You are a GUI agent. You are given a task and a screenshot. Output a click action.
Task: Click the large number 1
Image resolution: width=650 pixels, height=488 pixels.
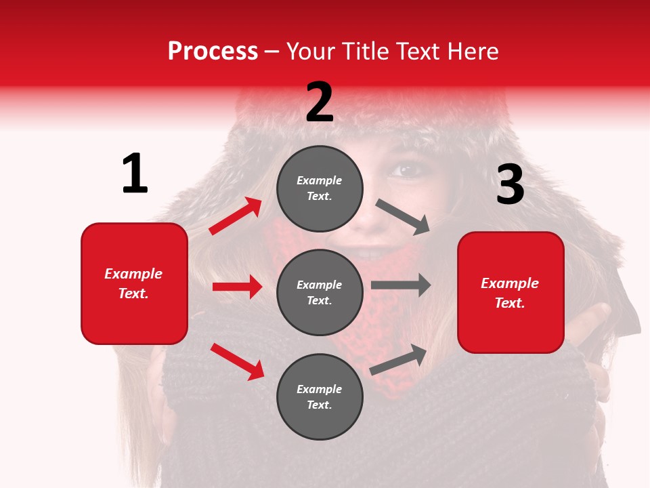pyautogui.click(x=135, y=174)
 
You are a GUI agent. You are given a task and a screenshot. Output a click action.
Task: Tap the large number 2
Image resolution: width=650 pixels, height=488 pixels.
pyautogui.click(x=320, y=102)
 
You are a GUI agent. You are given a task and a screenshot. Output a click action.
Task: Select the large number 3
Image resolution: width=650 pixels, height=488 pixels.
pyautogui.click(x=510, y=184)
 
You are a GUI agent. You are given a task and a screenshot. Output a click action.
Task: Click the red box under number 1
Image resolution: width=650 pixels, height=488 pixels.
pyautogui.click(x=134, y=283)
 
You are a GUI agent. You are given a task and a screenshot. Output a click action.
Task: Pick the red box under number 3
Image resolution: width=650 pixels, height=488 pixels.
pyautogui.click(x=511, y=292)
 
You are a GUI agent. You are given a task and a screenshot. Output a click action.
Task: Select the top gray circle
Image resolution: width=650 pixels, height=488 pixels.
pyautogui.click(x=320, y=188)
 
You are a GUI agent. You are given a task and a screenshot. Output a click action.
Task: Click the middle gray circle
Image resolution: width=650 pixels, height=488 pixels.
pyautogui.click(x=320, y=292)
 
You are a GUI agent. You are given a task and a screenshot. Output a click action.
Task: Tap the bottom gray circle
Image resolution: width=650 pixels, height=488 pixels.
pyautogui.click(x=320, y=396)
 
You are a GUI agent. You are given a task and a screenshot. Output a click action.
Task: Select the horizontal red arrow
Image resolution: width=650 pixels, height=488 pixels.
pyautogui.click(x=238, y=287)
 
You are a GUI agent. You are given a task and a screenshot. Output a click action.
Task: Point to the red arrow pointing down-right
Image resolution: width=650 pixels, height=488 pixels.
pyautogui.click(x=238, y=361)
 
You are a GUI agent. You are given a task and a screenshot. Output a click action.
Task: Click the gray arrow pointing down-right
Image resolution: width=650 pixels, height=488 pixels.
pyautogui.click(x=403, y=217)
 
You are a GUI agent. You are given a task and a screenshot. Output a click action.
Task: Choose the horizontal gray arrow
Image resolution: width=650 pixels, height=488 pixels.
pyautogui.click(x=401, y=285)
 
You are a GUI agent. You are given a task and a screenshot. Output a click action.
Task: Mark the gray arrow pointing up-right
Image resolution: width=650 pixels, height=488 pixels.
pyautogui.click(x=399, y=359)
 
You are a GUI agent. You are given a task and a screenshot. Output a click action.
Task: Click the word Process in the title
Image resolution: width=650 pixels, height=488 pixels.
pyautogui.click(x=213, y=52)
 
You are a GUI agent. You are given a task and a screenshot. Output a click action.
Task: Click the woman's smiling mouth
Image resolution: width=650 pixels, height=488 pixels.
pyautogui.click(x=369, y=253)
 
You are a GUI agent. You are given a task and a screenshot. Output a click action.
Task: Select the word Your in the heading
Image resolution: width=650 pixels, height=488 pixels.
pyautogui.click(x=311, y=52)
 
